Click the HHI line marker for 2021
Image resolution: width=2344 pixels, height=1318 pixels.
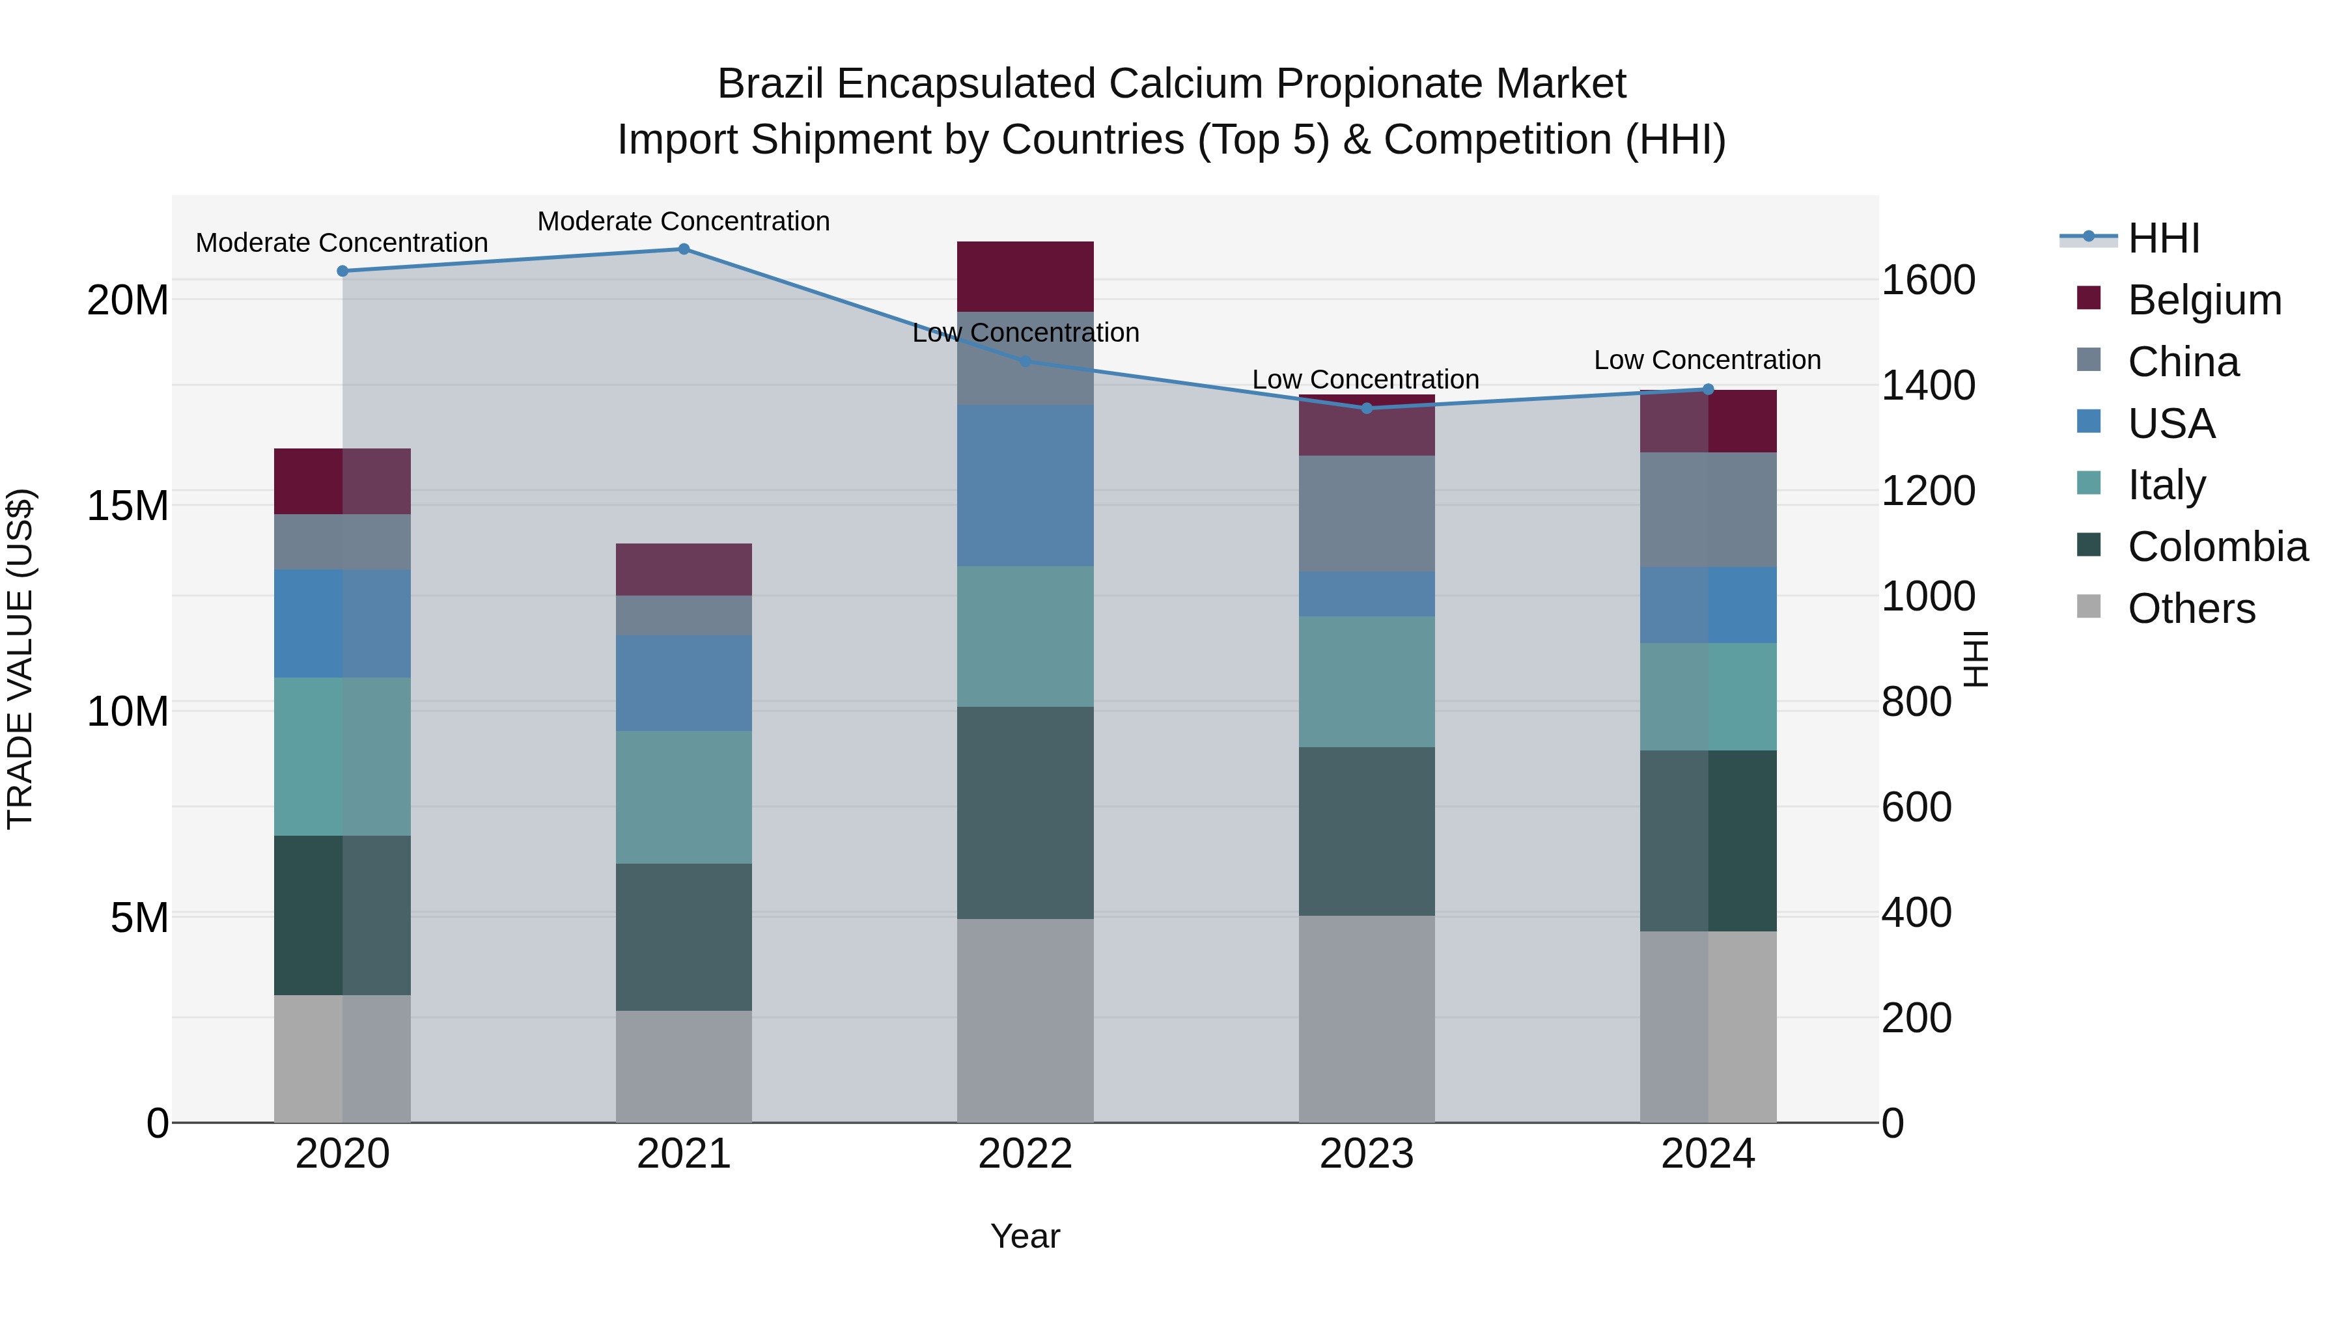[684, 249]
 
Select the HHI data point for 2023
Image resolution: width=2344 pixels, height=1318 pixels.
[1366, 408]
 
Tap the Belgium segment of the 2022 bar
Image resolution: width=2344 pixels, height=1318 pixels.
[1025, 277]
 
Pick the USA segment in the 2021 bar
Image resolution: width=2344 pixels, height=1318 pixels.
[684, 683]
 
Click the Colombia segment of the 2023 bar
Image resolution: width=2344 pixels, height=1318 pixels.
[1366, 831]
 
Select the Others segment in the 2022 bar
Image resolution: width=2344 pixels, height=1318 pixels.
[1025, 1021]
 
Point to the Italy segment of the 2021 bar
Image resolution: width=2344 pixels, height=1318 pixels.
[684, 798]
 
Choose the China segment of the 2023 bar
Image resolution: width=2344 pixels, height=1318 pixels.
[1366, 514]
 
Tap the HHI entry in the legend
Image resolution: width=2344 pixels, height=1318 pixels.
[2163, 238]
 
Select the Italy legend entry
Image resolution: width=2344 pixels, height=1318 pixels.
[2166, 485]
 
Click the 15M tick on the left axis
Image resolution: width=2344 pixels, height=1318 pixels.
[128, 506]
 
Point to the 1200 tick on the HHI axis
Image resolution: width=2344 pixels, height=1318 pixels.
[1927, 491]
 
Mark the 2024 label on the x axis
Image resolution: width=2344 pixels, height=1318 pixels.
[1707, 1154]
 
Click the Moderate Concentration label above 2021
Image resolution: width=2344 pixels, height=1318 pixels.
[684, 221]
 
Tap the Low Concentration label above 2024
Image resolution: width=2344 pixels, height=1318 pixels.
[1707, 360]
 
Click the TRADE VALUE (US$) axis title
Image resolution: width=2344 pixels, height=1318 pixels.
[20, 659]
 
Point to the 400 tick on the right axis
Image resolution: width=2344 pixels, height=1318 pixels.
[1916, 913]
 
